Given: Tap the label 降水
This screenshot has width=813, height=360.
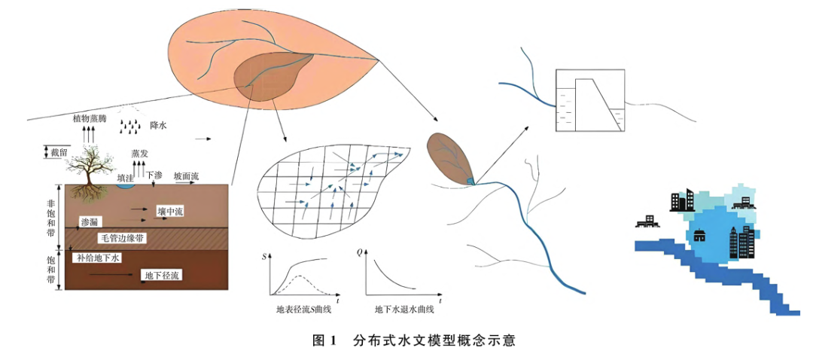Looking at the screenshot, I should coord(158,125).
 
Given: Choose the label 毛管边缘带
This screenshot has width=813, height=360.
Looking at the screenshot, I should coord(123,238).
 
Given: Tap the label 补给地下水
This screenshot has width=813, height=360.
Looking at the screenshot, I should coord(98,258).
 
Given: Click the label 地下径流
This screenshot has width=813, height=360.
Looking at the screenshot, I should coord(163,276).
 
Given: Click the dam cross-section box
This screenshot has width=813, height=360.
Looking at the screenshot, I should coord(589,100).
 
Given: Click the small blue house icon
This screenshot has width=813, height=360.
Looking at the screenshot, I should coord(700,236).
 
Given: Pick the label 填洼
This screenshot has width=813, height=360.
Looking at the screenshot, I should coord(127,177).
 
